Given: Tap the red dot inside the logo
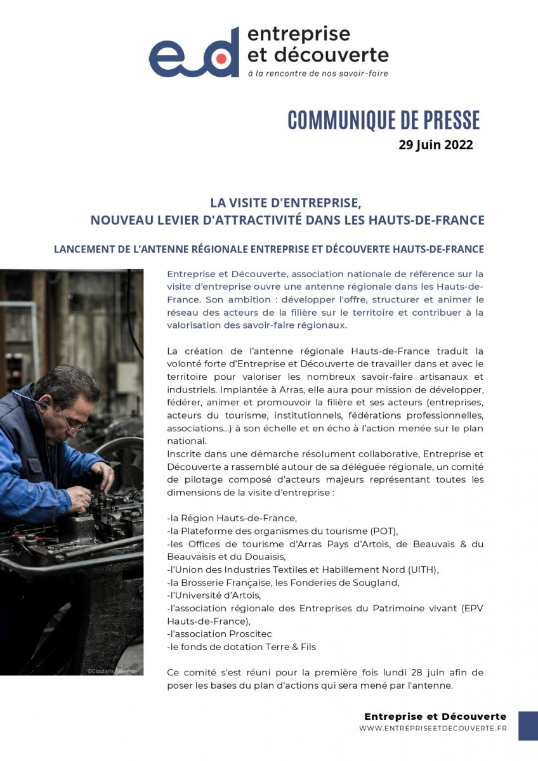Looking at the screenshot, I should coord(221,59).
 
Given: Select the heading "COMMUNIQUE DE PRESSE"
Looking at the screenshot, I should coord(383,120).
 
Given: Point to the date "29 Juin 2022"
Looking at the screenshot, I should coord(435,145).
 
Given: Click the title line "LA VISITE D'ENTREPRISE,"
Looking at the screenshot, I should coord(285,203).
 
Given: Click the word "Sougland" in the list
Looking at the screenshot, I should coord(397,582).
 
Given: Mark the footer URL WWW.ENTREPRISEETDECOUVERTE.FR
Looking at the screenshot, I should coord(433,729).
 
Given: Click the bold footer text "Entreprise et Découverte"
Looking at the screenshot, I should coord(435,716).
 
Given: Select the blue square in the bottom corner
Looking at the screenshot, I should coord(528,725).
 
